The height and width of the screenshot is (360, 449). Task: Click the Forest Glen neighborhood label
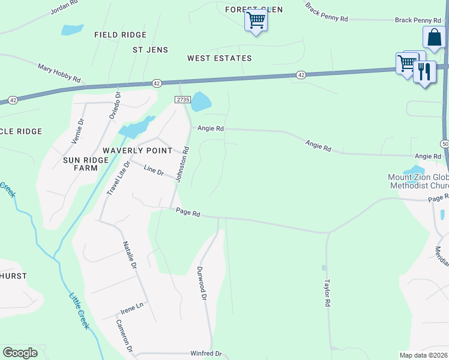253,10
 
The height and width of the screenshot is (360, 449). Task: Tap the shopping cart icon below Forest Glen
256,21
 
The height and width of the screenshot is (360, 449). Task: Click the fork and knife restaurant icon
424,72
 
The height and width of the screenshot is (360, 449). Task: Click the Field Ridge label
121,35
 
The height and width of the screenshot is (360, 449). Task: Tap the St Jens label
150,50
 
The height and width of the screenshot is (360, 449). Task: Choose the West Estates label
219,58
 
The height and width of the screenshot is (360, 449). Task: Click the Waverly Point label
137,151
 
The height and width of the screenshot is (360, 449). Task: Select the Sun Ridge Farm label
85,164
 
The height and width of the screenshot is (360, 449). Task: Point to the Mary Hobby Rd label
59,73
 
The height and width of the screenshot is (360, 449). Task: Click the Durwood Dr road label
202,284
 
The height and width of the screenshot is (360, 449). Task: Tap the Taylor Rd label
328,293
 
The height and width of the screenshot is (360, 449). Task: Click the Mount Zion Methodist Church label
418,182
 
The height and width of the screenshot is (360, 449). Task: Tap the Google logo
20,353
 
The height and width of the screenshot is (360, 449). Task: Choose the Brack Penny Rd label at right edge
414,20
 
